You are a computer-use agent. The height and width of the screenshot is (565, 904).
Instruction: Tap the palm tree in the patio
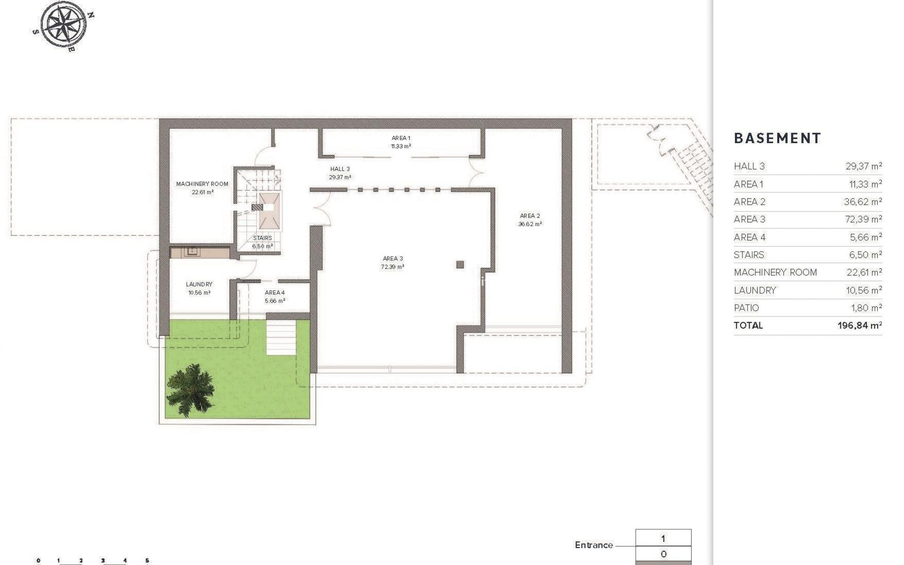coord(191,390)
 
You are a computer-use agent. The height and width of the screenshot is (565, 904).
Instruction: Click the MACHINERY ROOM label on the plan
coord(202,184)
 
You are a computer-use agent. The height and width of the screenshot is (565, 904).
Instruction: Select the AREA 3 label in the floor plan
coord(393,258)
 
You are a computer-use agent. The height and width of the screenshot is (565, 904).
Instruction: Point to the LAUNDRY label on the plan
coord(199,284)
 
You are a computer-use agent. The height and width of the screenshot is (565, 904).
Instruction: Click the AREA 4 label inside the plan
coord(274,293)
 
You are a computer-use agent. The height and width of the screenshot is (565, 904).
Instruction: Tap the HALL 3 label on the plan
coord(339,169)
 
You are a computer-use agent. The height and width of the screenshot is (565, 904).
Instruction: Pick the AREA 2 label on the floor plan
coord(530,216)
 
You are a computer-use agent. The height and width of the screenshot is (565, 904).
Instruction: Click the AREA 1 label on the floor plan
coord(401,138)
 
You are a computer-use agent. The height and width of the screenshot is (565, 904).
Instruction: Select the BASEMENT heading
coord(777,138)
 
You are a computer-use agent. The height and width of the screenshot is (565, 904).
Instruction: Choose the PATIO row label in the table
coord(746,308)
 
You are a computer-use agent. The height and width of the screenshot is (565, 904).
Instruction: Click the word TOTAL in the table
coord(748,325)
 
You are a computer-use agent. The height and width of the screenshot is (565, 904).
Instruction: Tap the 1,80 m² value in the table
coord(866,308)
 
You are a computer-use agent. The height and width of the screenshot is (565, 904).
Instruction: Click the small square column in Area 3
coord(460,265)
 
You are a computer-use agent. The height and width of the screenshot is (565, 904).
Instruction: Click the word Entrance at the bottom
coord(593,545)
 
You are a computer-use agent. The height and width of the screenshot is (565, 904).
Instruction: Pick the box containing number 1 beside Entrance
coord(663,539)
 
